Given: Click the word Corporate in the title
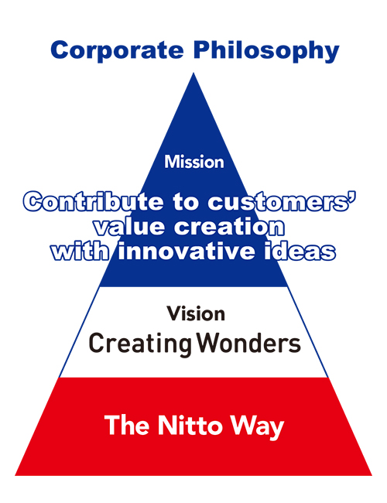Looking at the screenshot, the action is click(117, 50).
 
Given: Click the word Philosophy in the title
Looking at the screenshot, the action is click(266, 50).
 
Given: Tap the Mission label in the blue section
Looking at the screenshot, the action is click(194, 162).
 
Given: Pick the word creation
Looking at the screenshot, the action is click(229, 227).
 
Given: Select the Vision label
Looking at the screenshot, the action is click(196, 313).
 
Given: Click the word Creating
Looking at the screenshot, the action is click(140, 344).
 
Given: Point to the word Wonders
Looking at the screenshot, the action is click(248, 344).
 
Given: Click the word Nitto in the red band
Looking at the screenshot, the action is click(190, 426).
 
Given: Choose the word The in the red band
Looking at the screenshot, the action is click(127, 426).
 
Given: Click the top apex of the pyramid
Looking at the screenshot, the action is click(193, 74).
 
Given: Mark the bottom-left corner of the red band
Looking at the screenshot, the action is click(15, 475).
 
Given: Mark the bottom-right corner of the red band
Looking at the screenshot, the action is click(372, 475).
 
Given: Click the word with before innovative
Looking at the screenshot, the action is click(80, 251).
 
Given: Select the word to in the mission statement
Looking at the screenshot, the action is click(185, 203).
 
